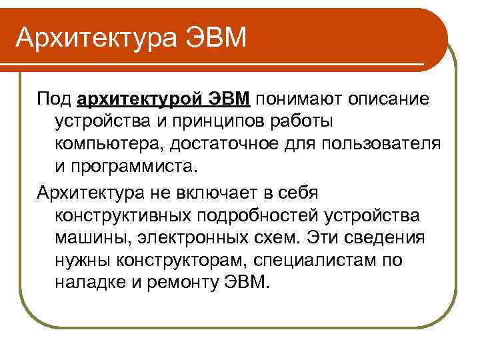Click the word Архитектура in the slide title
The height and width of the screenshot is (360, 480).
click(x=99, y=37)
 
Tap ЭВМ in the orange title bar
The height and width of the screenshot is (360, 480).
click(x=217, y=37)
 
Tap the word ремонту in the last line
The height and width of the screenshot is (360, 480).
click(x=181, y=282)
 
